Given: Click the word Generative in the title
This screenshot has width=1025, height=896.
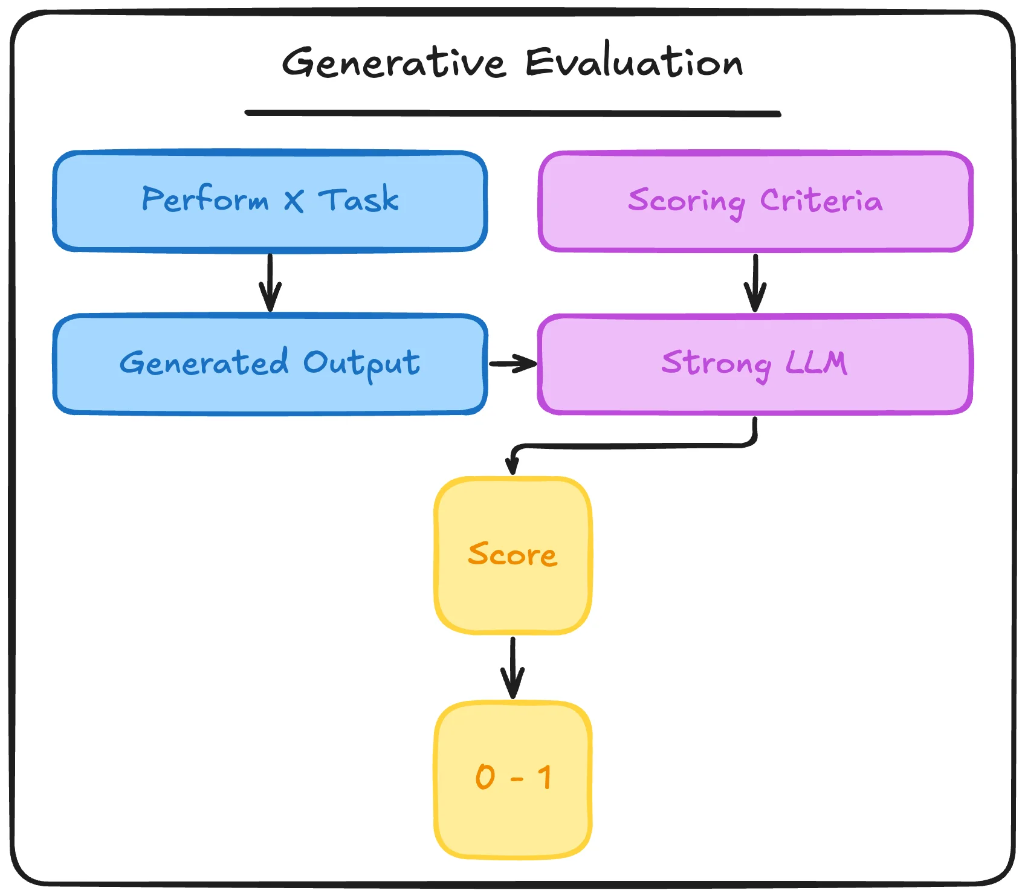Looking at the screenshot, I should (393, 62).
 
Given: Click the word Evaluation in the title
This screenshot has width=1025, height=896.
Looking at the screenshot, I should (633, 62).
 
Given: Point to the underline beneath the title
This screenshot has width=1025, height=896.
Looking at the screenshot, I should (512, 113).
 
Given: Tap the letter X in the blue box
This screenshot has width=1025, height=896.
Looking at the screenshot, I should (294, 201).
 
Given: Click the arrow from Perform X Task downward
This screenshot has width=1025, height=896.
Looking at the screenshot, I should (270, 282).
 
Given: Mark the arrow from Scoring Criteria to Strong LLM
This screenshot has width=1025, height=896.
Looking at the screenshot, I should (755, 282).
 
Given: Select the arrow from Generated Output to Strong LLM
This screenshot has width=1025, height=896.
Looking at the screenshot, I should (512, 364).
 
